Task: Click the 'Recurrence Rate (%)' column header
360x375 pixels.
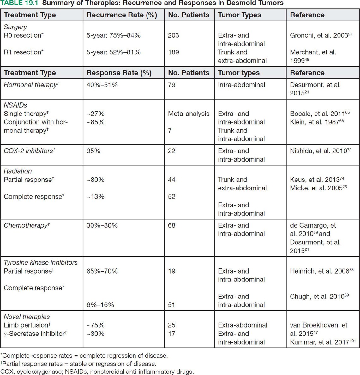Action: pos(122,15)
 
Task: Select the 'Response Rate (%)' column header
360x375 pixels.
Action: pos(119,73)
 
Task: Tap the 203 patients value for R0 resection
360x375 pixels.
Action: pos(173,35)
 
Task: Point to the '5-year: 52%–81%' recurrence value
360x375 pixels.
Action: pos(113,52)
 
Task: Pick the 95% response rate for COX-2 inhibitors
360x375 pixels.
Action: pos(93,151)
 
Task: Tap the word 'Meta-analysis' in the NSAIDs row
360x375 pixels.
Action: pos(189,114)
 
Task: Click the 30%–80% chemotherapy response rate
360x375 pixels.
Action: pos(102,225)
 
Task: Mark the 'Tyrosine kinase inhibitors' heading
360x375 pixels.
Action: pos(40,262)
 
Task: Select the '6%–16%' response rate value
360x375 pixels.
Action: pos(100,305)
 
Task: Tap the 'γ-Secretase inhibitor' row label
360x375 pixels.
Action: pos(35,334)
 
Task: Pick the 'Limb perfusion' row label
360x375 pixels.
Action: pos(27,325)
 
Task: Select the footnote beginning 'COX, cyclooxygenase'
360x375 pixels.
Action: pos(97,372)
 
